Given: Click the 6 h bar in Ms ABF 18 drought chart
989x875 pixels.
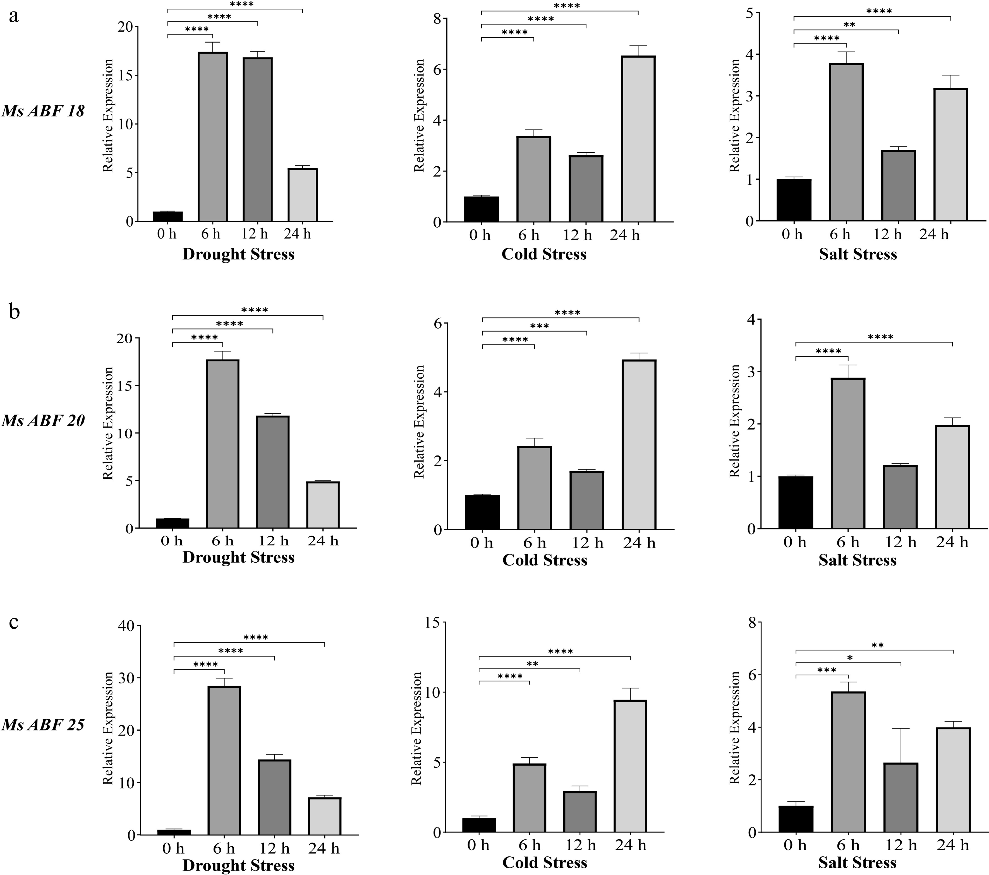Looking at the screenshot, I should [x=213, y=137].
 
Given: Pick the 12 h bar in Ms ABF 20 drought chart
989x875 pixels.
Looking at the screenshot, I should [x=273, y=472].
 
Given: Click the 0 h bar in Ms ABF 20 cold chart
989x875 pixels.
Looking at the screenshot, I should [x=482, y=512].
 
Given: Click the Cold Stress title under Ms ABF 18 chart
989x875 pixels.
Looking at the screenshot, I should [x=544, y=254].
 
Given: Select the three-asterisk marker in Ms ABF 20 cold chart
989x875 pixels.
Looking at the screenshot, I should [x=540, y=326].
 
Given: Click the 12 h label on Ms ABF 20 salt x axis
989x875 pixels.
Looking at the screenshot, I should [x=901, y=543].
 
